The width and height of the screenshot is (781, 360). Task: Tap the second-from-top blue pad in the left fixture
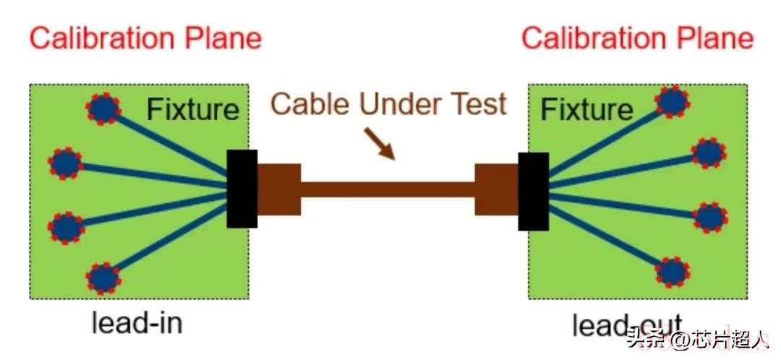(66, 163)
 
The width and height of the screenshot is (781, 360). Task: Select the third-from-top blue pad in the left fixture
(67, 227)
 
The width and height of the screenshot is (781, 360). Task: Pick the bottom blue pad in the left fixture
(104, 278)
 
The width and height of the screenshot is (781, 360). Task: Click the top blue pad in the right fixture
(673, 102)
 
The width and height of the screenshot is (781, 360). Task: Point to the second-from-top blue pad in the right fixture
(708, 153)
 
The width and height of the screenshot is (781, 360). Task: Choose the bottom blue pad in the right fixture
(673, 273)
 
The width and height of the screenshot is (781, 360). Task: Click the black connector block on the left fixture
(242, 189)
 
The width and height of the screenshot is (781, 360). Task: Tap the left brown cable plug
(278, 189)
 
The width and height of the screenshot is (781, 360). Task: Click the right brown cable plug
(496, 189)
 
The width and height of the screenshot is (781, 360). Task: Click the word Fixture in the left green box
(192, 109)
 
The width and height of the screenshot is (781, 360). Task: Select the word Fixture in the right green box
(586, 110)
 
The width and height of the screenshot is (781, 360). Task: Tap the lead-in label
(137, 322)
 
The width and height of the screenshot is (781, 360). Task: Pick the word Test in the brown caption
(474, 104)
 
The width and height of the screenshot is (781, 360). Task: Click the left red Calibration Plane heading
(145, 38)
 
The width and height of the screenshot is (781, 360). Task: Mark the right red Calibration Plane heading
(637, 38)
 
